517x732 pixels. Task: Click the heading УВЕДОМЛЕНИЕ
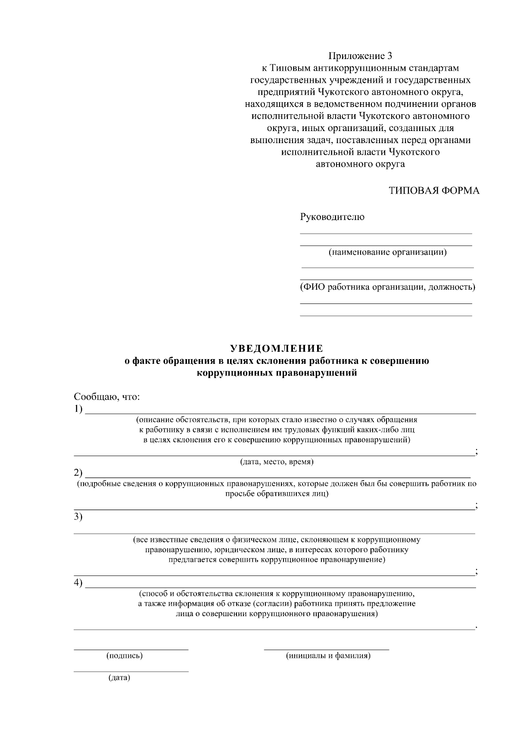coord(276,348)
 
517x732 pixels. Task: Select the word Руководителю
coord(332,217)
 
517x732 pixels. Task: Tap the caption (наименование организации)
coord(387,252)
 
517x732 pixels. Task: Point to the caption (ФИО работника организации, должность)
coord(387,287)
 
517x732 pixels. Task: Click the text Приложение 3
coord(361,56)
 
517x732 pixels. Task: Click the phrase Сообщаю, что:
coord(107,397)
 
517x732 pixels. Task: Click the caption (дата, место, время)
coord(277,462)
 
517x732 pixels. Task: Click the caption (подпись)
coord(125,656)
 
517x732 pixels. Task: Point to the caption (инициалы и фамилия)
coord(328,656)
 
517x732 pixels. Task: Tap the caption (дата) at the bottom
coord(119,678)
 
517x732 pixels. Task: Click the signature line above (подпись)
coord(131,649)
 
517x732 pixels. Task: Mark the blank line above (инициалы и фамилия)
coord(326,649)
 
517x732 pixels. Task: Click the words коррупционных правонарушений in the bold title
coord(277,373)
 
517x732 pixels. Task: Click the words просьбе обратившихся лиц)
coord(277,494)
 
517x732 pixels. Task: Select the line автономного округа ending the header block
coord(361,164)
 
